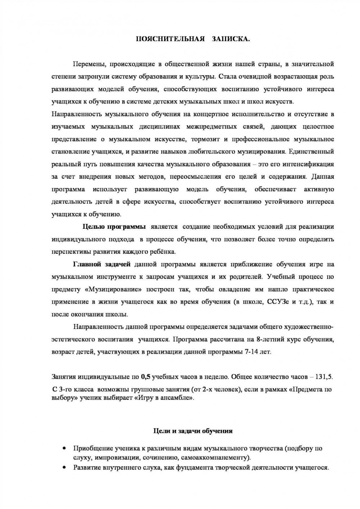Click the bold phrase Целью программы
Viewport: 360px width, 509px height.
point(114,227)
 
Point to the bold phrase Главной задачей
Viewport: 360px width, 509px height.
point(102,264)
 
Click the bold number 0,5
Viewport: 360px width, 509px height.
point(145,377)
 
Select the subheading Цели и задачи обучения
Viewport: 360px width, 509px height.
point(193,431)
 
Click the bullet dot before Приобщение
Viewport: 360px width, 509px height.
point(64,449)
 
